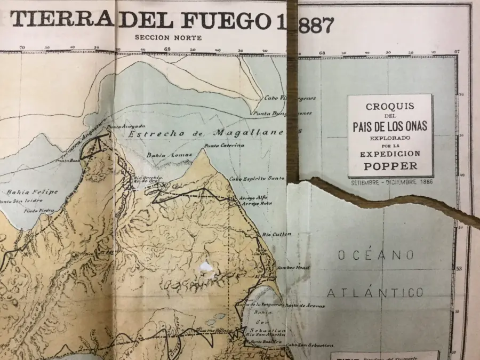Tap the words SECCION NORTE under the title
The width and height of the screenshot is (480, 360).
[168, 37]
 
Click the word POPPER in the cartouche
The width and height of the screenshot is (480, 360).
[390, 166]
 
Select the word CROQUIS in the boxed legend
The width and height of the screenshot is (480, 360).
[390, 107]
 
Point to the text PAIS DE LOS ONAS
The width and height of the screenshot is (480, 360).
[390, 127]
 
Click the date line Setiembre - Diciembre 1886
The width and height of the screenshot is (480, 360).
[391, 182]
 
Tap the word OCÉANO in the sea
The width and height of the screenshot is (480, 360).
[376, 255]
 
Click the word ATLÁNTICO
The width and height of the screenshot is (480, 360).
[375, 293]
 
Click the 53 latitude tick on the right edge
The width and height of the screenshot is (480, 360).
[459, 268]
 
